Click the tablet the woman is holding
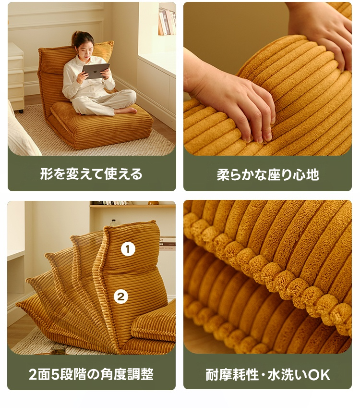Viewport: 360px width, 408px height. (96, 71)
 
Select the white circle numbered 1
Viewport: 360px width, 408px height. (128, 249)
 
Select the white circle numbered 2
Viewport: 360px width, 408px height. (121, 297)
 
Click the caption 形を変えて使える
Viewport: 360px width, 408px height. (92, 174)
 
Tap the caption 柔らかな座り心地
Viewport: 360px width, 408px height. (268, 174)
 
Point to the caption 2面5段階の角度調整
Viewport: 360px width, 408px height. (91, 374)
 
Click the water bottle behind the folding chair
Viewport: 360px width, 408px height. (114, 223)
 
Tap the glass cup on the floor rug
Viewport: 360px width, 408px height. (58, 350)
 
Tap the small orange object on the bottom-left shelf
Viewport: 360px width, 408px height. (153, 203)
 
